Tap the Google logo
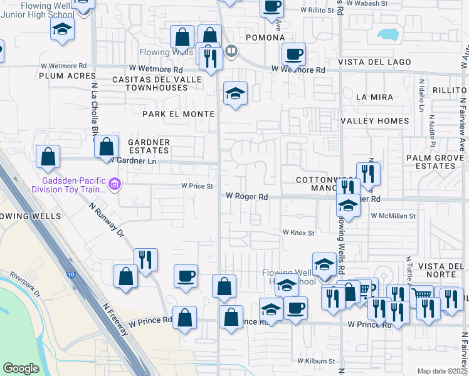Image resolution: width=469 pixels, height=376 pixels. tap(21, 368)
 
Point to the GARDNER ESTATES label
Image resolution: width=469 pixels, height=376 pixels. tap(149, 146)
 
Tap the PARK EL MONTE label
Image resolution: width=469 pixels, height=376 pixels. tap(178, 114)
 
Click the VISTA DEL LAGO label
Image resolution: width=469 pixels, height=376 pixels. tap(375, 62)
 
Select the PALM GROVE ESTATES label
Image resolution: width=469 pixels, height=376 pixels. tap(430, 162)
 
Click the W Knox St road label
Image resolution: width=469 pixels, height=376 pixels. tap(298, 232)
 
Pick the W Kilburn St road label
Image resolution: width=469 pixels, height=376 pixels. tap(316, 362)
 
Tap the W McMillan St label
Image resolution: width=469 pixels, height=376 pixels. tap(393, 216)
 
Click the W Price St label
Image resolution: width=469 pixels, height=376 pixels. tap(198, 186)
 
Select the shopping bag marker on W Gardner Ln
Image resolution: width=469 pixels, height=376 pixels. tap(107, 147)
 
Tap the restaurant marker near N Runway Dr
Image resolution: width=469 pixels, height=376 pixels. tap(145, 259)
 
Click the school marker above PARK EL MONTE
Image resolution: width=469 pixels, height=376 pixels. tap(235, 94)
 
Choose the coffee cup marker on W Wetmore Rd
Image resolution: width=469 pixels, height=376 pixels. tap(293, 54)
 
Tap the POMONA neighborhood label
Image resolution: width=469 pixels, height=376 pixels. tap(265, 38)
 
